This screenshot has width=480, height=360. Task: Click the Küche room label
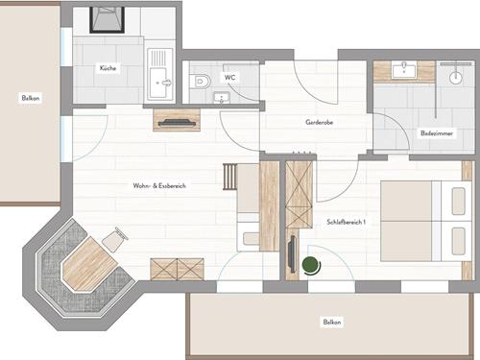(108, 68)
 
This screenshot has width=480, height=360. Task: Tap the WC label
(229, 77)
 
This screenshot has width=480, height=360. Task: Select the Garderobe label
(319, 122)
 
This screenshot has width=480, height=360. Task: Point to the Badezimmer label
(437, 133)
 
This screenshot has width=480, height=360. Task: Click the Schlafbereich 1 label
(346, 222)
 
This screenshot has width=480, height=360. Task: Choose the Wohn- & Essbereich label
(159, 185)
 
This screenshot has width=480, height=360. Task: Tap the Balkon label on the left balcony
(31, 98)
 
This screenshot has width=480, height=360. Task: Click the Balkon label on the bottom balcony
(332, 322)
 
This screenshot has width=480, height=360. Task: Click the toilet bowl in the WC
(200, 82)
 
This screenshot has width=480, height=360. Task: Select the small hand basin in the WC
(222, 97)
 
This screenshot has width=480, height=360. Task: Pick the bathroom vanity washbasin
(404, 70)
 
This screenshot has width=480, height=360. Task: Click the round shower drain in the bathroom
(455, 78)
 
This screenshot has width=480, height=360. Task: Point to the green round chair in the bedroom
(311, 266)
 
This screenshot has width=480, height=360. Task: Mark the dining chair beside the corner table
(115, 239)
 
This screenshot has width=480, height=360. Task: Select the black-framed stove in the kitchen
(107, 19)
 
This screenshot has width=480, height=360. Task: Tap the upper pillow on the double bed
(458, 202)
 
